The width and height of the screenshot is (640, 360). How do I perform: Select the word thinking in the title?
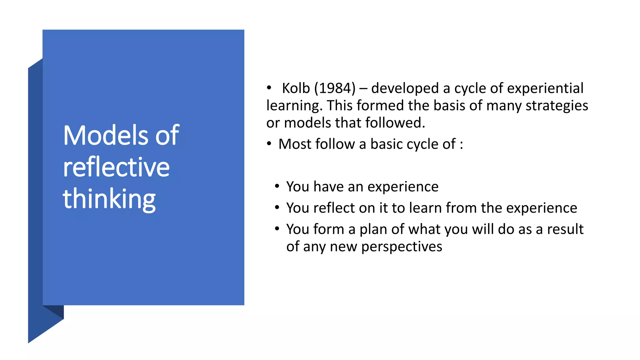click(x=109, y=199)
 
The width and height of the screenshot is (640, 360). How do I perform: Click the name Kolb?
click(x=296, y=88)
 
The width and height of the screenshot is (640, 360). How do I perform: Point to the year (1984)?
click(x=335, y=88)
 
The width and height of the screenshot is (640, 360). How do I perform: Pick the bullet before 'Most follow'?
click(x=269, y=144)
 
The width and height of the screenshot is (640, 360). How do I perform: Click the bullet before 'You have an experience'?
click(x=277, y=187)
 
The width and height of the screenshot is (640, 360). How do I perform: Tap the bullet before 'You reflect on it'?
click(x=277, y=208)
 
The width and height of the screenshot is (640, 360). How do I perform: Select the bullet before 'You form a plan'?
click(x=277, y=229)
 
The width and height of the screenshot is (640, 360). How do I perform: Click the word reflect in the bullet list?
click(x=334, y=208)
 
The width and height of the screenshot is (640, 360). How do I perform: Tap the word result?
click(x=565, y=229)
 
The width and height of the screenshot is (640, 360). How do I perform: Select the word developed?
click(x=405, y=88)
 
